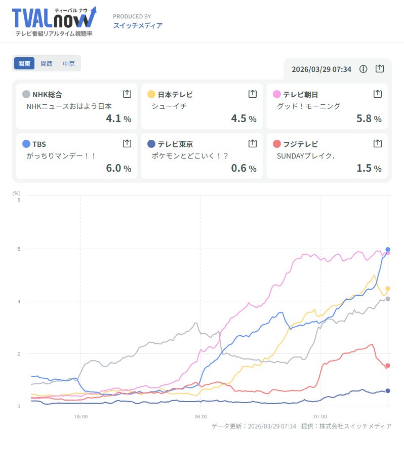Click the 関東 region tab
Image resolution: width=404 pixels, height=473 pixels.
pos(24,64)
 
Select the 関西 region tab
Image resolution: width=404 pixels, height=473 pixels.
pos(47,64)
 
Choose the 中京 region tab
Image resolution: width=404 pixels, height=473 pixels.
pos(69,64)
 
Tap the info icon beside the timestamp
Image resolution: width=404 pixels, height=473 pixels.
pos(363,69)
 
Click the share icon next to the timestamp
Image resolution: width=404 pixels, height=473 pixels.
pos(380,69)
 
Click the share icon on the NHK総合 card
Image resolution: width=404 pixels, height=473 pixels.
pos(127,94)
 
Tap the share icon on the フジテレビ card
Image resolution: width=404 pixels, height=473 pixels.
pos(377,143)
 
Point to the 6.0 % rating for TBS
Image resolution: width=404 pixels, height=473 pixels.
pos(118,168)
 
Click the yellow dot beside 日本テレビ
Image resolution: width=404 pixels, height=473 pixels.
pos(151,94)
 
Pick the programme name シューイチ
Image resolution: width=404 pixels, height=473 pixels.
pos(169,106)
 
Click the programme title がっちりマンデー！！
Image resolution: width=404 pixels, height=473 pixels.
pos(61,156)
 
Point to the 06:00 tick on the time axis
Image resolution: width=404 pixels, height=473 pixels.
pos(200,417)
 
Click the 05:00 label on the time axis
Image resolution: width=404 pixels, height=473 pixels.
pos(81,417)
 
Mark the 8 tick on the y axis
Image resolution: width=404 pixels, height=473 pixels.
pos(19,200)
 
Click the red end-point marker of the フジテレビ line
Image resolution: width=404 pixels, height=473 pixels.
pos(388,366)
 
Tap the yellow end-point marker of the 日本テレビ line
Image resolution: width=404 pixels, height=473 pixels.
pos(388,289)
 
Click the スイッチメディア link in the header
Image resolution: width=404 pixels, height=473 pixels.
pos(138,25)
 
